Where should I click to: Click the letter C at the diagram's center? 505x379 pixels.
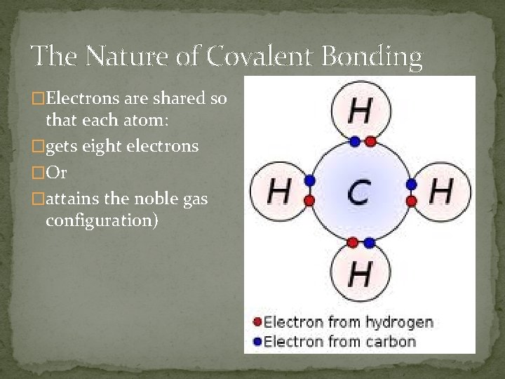[358, 192]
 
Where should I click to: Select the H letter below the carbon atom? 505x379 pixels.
[359, 273]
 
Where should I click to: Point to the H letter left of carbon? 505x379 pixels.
[279, 190]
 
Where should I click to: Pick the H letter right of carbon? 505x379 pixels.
[440, 190]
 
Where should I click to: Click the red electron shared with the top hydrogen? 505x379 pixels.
[370, 142]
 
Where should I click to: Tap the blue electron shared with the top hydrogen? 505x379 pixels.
[355, 142]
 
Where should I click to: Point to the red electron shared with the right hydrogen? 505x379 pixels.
[412, 200]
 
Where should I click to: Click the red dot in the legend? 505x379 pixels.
[257, 323]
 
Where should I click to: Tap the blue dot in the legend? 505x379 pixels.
[257, 342]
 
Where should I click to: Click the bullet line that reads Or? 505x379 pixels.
[55, 173]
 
